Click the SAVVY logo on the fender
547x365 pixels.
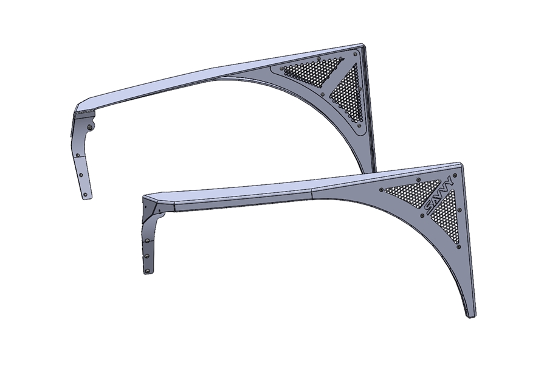pos(438,196)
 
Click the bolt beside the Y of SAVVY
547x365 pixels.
pos(454,175)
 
